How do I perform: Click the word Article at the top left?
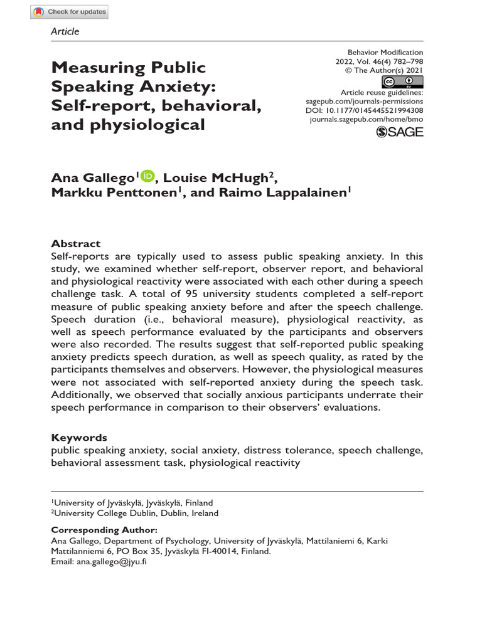tap(65, 31)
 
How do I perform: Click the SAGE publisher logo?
tap(399, 131)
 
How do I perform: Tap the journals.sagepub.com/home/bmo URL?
tap(367, 119)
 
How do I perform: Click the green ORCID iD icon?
tap(148, 177)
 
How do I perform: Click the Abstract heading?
tap(75, 244)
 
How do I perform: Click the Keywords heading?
tap(79, 438)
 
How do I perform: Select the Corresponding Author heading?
tap(100, 530)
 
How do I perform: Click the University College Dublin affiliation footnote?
tap(135, 513)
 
